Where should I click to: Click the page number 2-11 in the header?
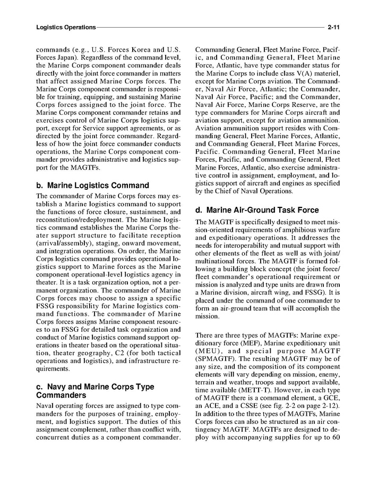click(333, 27)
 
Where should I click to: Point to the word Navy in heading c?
click(57, 387)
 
